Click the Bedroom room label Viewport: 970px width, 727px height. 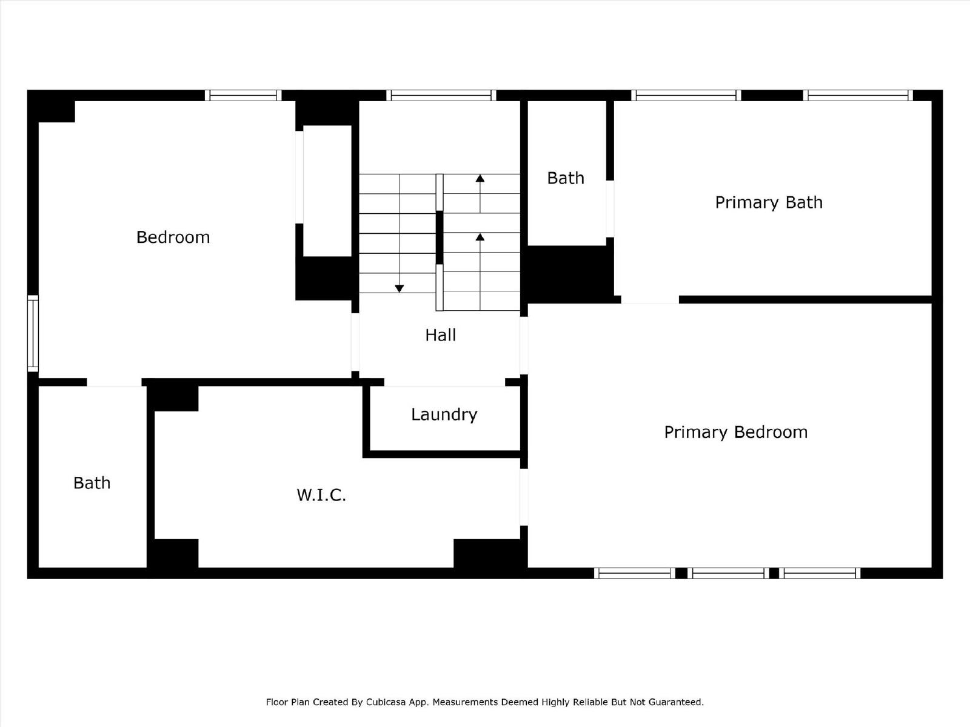pyautogui.click(x=173, y=237)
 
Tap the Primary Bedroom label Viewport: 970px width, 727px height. pyautogui.click(x=736, y=433)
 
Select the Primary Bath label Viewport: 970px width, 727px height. pyautogui.click(x=769, y=202)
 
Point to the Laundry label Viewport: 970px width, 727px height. pyautogui.click(x=444, y=415)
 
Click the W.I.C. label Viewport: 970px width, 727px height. pyautogui.click(x=321, y=495)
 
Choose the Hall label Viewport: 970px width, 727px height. pyautogui.click(x=441, y=336)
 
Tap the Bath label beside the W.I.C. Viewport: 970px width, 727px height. pyautogui.click(x=92, y=483)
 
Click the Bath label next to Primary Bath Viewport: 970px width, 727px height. pyautogui.click(x=566, y=178)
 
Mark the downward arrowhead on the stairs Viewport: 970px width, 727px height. pyautogui.click(x=399, y=289)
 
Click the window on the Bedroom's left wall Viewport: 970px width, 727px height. pyautogui.click(x=33, y=333)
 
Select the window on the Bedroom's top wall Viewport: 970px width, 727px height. pyautogui.click(x=243, y=95)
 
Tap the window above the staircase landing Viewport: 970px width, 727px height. pyautogui.click(x=441, y=95)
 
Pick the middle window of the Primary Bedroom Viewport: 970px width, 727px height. pyautogui.click(x=728, y=573)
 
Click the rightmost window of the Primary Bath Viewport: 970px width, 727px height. pyautogui.click(x=858, y=95)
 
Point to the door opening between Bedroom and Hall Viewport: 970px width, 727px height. pyautogui.click(x=355, y=342)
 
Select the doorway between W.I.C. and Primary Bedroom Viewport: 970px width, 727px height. pyautogui.click(x=524, y=497)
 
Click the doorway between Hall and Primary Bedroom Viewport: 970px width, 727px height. pyautogui.click(x=524, y=345)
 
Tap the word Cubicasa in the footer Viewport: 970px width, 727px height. pyautogui.click(x=386, y=702)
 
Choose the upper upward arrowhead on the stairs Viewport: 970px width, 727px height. pyautogui.click(x=480, y=178)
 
